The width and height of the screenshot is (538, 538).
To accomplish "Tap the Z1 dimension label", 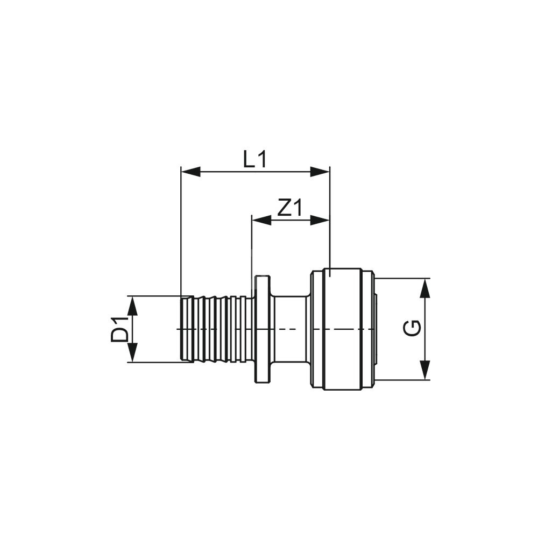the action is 290,208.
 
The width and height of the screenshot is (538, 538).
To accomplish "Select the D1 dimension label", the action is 119,329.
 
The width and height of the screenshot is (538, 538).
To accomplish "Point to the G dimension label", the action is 412,329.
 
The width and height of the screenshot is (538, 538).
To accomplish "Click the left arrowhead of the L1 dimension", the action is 191,172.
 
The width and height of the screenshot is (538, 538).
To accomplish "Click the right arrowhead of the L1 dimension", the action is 320,172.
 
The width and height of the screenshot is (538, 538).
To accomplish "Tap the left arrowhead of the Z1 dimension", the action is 261,220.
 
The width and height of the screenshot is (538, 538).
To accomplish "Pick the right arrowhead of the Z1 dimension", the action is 320,220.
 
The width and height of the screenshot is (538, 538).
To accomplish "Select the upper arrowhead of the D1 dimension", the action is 132,306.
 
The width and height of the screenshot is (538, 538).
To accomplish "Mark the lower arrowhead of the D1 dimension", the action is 132,352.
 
